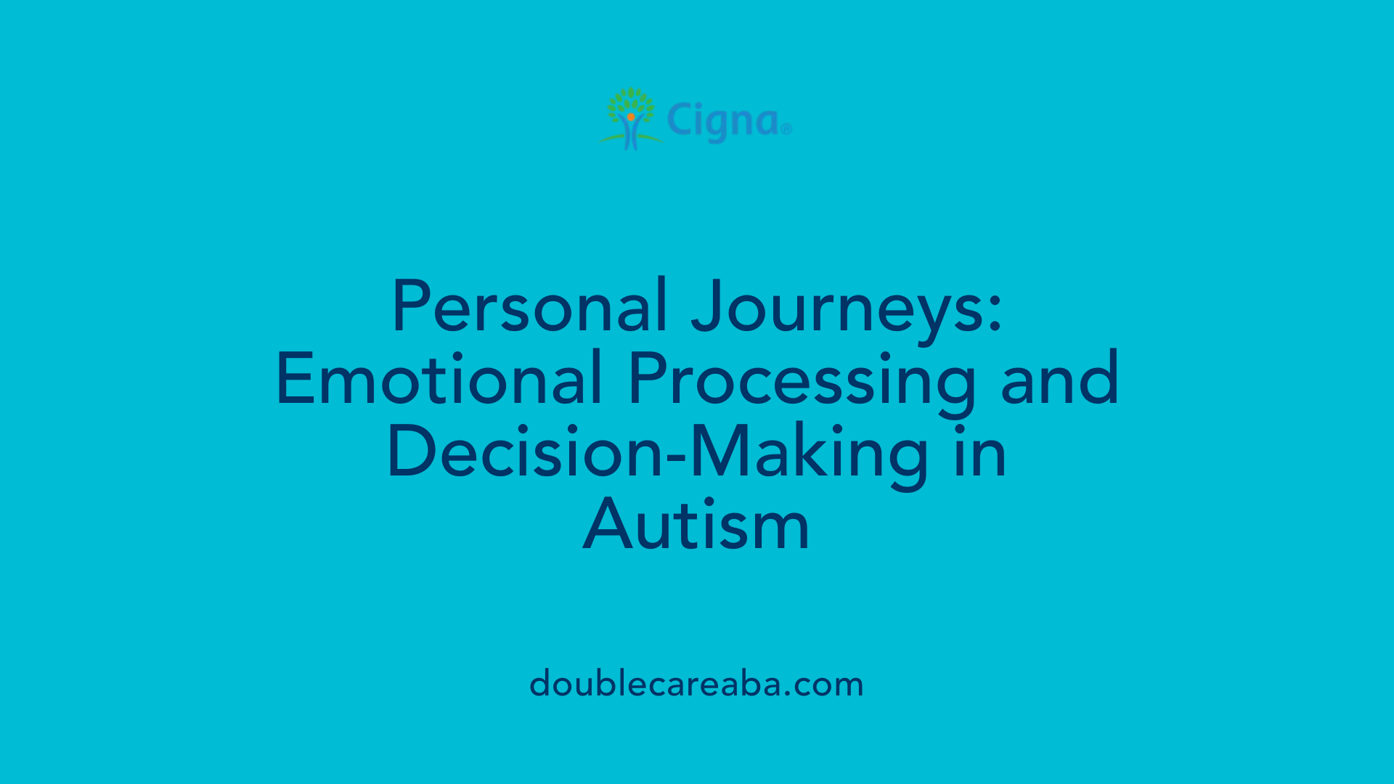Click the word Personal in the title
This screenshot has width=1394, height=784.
[x=529, y=306]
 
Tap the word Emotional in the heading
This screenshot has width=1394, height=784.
[x=439, y=379]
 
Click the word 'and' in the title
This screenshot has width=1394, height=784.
[x=1059, y=379]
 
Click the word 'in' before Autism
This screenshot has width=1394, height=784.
[x=980, y=452]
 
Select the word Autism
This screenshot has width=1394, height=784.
[x=696, y=525]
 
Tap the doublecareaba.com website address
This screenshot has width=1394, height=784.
[x=696, y=685]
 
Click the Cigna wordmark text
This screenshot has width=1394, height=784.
[x=722, y=121]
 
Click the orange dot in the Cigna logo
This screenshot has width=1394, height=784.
[x=631, y=116]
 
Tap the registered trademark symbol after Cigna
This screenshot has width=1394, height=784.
[x=786, y=130]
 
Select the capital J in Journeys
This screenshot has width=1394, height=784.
[x=709, y=306]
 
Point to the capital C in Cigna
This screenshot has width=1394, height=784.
[x=680, y=120]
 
